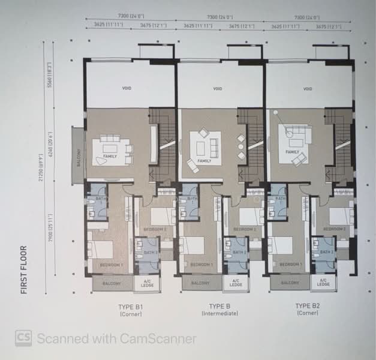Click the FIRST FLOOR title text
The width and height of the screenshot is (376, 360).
point(25,269)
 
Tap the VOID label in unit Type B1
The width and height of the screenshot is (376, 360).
point(127,89)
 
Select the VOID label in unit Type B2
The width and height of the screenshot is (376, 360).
point(308,89)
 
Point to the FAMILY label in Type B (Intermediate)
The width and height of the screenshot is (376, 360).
point(204,161)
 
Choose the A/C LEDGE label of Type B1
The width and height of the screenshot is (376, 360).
point(147,284)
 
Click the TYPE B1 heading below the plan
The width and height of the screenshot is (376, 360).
point(130,307)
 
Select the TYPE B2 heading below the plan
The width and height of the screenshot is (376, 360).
point(307,307)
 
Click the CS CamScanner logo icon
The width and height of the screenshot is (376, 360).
point(23,338)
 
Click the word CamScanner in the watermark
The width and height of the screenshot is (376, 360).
point(158,338)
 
